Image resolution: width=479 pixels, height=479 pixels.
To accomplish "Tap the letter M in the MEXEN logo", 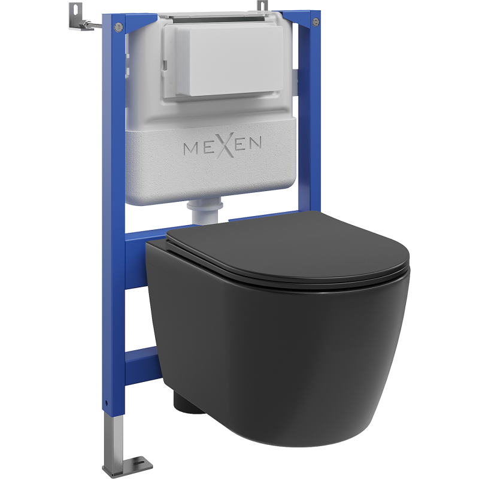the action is tap(191, 148).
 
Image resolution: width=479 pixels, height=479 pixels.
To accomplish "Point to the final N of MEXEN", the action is tap(254, 143).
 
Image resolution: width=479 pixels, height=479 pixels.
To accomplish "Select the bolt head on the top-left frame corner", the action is tap(117, 27).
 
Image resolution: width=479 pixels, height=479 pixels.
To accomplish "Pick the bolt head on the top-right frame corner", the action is tap(316, 22).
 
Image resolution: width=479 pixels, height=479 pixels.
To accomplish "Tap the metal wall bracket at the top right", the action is tap(262, 6).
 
